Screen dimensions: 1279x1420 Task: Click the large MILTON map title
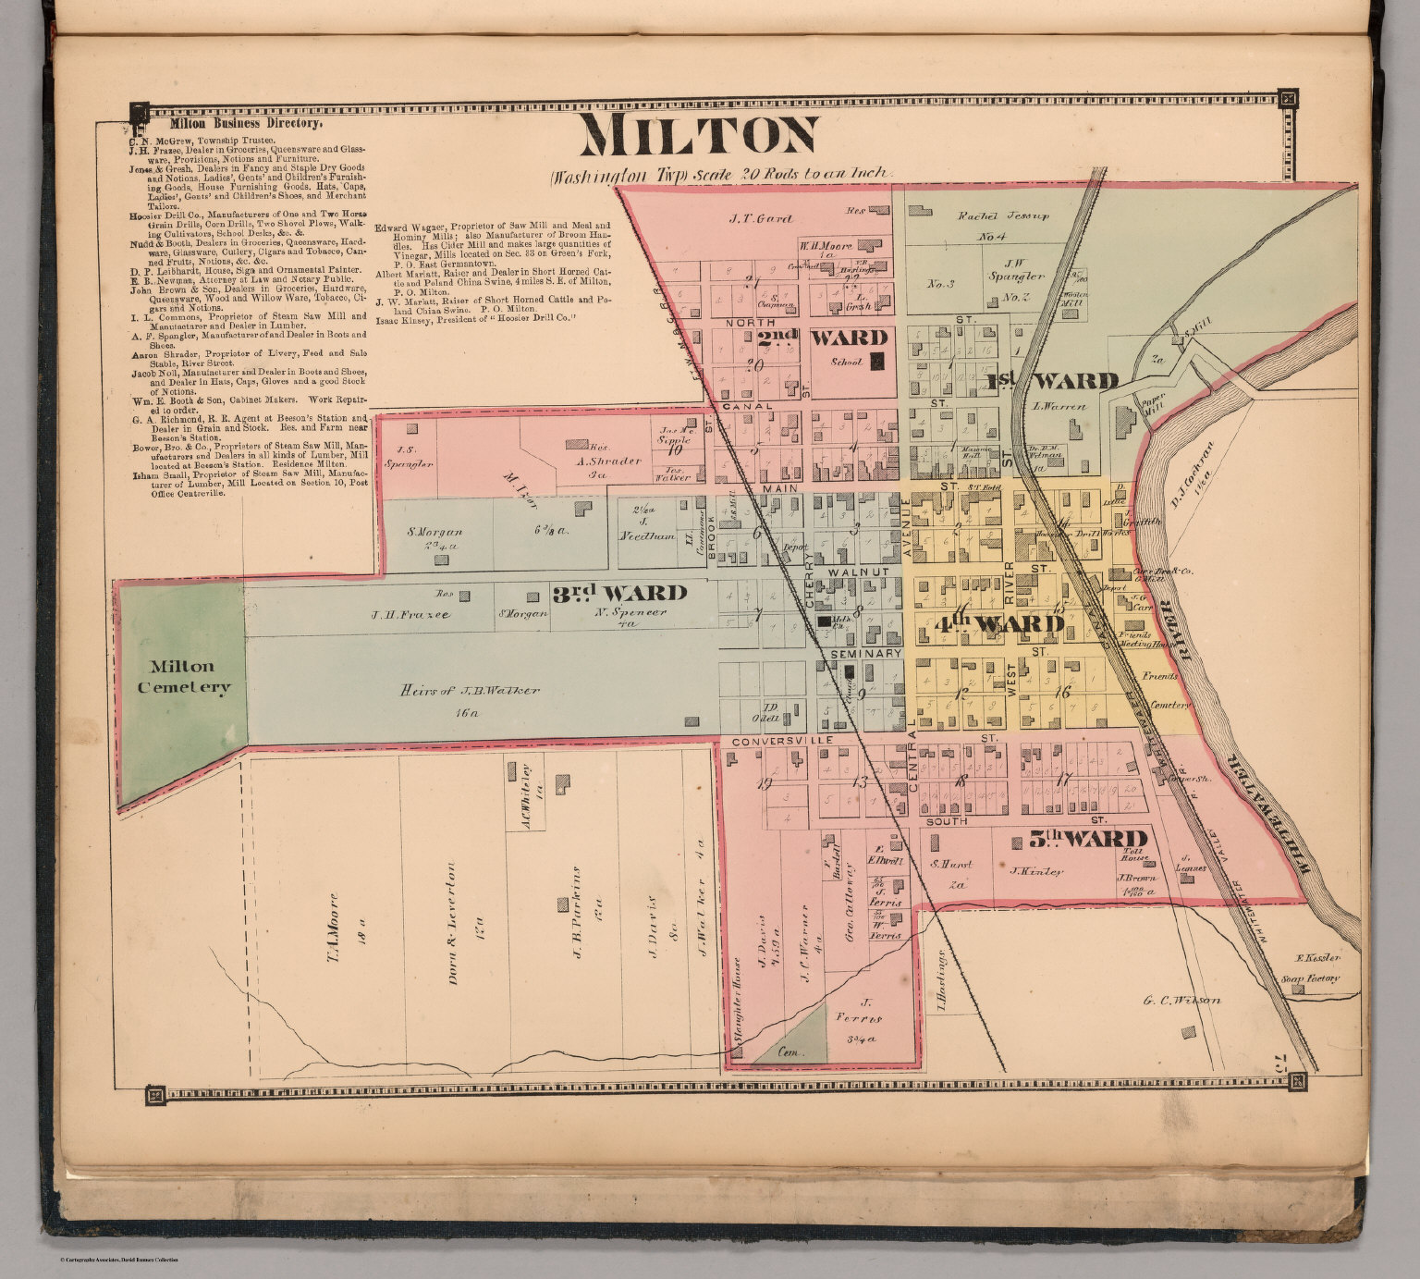coord(699,136)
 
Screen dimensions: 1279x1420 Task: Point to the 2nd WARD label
coord(822,338)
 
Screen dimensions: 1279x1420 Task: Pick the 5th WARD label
coord(1087,840)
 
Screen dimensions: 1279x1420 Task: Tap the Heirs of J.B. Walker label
coord(471,691)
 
